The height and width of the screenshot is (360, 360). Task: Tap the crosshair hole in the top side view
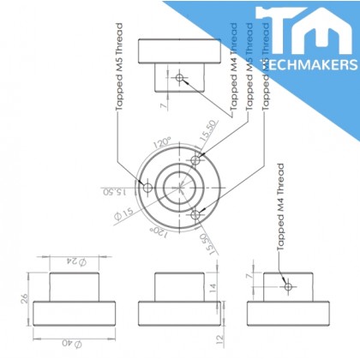tap(179, 79)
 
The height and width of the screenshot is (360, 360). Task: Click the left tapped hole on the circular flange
tap(147, 186)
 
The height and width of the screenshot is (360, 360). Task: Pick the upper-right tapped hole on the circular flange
tap(196, 159)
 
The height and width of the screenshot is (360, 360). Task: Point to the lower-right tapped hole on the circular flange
tap(196, 213)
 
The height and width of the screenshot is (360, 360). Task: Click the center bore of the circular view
tap(180, 186)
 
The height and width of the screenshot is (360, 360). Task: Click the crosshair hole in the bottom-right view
tap(289, 285)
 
